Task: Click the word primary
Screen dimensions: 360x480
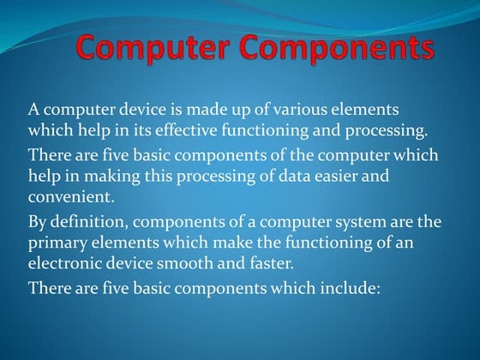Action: click(54, 243)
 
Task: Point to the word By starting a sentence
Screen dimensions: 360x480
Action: click(39, 222)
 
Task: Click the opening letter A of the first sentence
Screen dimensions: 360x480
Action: click(34, 111)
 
